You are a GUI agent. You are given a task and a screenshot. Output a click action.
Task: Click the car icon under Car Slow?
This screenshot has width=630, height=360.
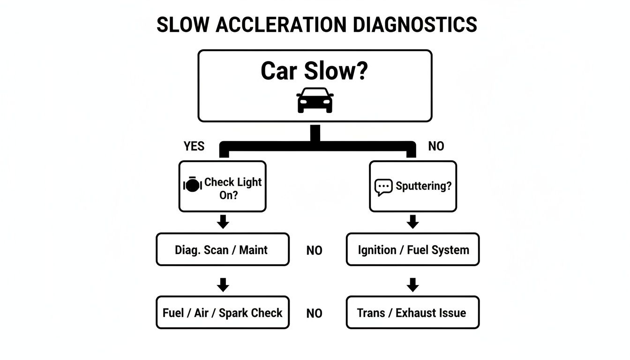tap(315, 100)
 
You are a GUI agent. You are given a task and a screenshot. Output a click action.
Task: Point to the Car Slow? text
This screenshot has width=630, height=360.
tap(315, 71)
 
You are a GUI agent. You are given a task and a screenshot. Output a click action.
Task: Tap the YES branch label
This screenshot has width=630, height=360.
tap(194, 146)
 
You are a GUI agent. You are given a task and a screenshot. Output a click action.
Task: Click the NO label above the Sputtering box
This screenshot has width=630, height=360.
tap(436, 146)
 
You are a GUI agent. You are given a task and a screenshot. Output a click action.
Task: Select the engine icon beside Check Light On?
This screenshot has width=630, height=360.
tap(192, 184)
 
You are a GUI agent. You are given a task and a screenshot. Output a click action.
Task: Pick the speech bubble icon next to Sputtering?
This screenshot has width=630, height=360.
tap(383, 187)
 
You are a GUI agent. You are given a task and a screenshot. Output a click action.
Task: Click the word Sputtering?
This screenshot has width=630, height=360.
tap(423, 186)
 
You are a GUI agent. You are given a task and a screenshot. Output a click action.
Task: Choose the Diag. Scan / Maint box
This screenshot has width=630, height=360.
tap(222, 250)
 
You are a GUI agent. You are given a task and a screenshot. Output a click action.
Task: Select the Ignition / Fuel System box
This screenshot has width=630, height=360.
tap(412, 250)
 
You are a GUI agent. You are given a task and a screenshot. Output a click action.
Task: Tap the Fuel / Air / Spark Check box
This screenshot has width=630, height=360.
tap(222, 313)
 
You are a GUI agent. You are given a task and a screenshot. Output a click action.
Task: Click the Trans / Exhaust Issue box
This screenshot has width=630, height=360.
tap(412, 313)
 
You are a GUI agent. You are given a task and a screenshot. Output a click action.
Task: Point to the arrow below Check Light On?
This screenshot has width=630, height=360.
tap(223, 222)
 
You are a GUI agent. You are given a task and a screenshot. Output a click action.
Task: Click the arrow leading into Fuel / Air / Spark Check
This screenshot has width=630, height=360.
tap(223, 285)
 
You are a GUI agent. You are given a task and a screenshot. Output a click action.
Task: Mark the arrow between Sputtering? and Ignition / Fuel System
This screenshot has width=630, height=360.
tap(412, 222)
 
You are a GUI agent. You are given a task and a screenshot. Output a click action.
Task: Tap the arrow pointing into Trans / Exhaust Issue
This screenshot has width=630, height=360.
tap(412, 285)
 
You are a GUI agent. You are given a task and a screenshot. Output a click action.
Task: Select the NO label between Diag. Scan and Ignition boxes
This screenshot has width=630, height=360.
tap(314, 251)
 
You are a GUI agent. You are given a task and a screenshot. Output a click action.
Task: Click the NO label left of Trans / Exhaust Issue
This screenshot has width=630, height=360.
tap(314, 314)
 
